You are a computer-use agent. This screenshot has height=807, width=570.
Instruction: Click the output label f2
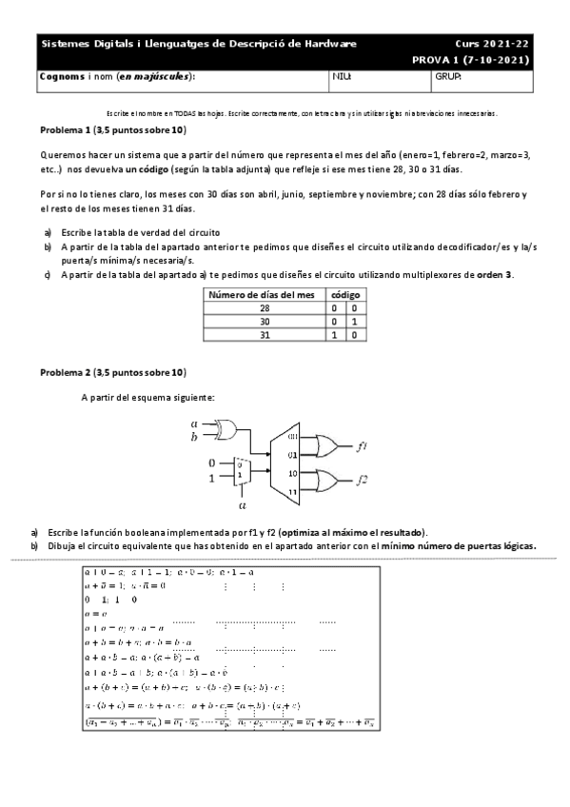click(363, 481)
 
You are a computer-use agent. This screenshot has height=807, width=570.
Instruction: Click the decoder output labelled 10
click(293, 473)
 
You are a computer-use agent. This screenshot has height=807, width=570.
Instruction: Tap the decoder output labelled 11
click(293, 491)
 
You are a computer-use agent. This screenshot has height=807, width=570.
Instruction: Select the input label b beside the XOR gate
click(194, 436)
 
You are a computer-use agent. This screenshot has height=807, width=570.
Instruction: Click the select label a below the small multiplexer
click(242, 507)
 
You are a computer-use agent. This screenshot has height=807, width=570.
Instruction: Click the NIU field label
click(344, 75)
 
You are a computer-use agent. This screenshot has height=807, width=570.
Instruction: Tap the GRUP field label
click(447, 75)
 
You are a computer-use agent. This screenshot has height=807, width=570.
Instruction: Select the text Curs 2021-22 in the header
click(493, 44)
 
